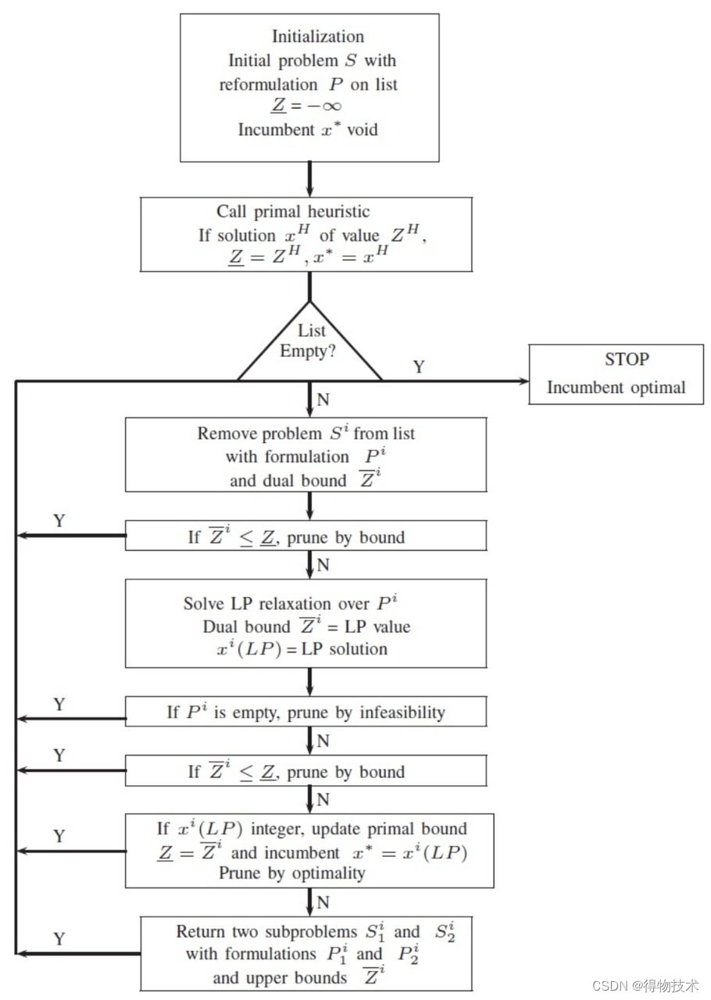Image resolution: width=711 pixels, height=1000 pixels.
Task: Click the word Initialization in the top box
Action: pyautogui.click(x=317, y=37)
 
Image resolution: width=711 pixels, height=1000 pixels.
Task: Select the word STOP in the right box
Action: pyautogui.click(x=627, y=359)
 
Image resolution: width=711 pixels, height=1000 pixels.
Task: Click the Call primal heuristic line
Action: pyautogui.click(x=293, y=212)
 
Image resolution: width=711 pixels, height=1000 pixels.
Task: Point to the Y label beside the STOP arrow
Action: pyautogui.click(x=419, y=367)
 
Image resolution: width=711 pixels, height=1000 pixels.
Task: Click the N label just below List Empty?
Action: pyautogui.click(x=323, y=400)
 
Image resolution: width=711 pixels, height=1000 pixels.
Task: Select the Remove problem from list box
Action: pyautogui.click(x=305, y=455)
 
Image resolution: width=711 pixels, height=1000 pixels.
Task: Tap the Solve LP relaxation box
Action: pyautogui.click(x=305, y=623)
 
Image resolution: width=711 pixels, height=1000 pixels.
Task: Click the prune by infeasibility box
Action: pyautogui.click(x=305, y=712)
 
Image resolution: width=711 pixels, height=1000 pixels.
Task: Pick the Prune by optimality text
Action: pyautogui.click(x=291, y=873)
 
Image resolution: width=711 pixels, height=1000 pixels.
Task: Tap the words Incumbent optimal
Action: pyautogui.click(x=616, y=387)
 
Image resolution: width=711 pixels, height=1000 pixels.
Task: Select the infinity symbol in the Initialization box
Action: pyautogui.click(x=330, y=105)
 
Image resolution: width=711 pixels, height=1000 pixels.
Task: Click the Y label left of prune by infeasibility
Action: pyautogui.click(x=59, y=705)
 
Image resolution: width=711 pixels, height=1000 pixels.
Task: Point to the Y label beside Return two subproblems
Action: pyautogui.click(x=59, y=939)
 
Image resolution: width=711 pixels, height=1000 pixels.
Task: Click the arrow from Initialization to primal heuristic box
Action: pyautogui.click(x=310, y=179)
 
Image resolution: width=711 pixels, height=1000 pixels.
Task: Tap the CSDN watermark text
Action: pyautogui.click(x=645, y=986)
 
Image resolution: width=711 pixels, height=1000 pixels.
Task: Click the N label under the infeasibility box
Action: pyautogui.click(x=323, y=740)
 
